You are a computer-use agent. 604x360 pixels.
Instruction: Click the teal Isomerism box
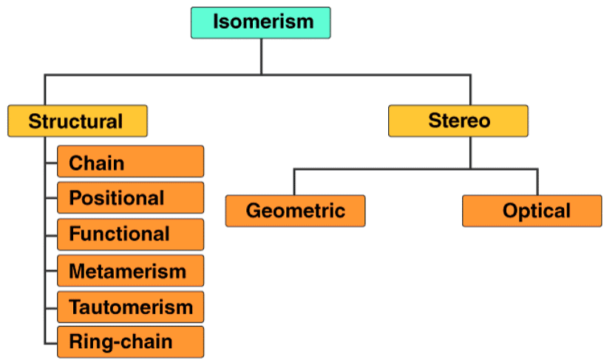tap(260, 22)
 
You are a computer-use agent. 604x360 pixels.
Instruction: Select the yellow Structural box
tap(77, 120)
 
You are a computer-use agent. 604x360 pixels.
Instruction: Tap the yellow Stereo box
tap(458, 120)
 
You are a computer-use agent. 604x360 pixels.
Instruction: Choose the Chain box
tap(130, 162)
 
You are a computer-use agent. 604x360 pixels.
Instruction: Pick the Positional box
tap(130, 198)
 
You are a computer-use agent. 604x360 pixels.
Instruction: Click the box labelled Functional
tap(130, 234)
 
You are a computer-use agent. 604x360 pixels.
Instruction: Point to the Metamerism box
tap(130, 271)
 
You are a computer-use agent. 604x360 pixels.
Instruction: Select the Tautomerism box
tap(130, 307)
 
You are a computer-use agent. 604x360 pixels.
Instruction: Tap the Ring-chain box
tap(130, 342)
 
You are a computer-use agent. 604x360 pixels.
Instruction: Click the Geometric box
tap(295, 211)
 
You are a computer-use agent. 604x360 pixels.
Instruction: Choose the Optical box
tap(532, 211)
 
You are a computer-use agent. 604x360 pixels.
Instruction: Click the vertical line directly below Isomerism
tap(261, 56)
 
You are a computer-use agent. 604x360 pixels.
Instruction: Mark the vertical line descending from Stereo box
tap(470, 152)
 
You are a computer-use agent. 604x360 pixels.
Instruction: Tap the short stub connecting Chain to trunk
tap(51, 162)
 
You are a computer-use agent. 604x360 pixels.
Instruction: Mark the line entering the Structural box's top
tap(45, 89)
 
